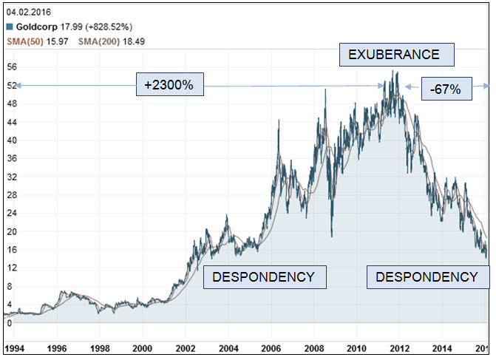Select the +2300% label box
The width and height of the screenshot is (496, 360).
[169, 85]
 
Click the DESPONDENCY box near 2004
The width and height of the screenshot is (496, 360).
[264, 277]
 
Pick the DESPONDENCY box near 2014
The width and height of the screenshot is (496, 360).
[427, 277]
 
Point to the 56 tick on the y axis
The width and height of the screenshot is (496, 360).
[10, 67]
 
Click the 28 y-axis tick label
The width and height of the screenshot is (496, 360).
[10, 194]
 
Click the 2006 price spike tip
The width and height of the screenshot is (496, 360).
[278, 120]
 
